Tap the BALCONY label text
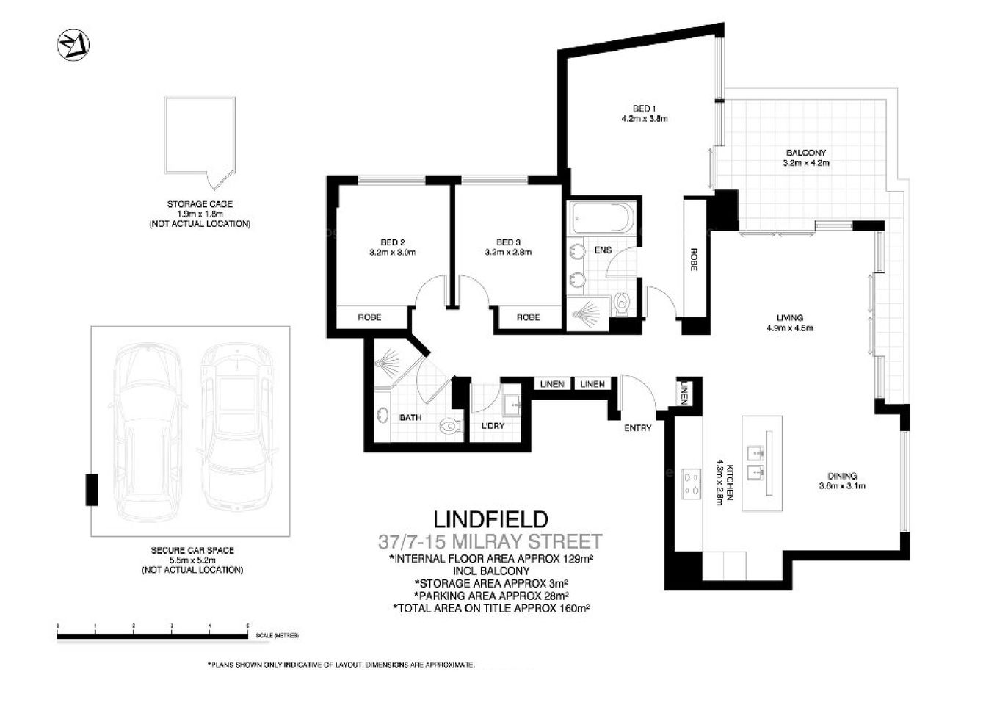[x=805, y=153]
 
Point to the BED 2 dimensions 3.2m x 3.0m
[x=392, y=252]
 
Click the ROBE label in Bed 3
[x=528, y=317]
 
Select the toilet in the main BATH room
[x=448, y=425]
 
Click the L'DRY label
[x=493, y=425]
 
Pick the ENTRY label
[x=637, y=427]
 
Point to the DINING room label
[x=842, y=476]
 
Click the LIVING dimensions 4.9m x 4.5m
[x=789, y=328]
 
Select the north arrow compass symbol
[x=73, y=45]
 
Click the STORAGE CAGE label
[x=200, y=204]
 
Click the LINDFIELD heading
[x=490, y=520]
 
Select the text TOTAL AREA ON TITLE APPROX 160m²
[x=491, y=608]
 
